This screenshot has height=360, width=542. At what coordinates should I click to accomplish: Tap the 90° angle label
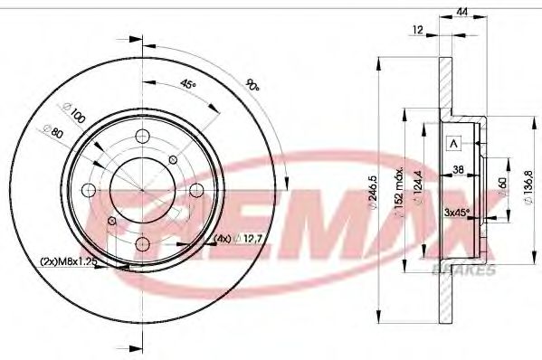click(x=252, y=87)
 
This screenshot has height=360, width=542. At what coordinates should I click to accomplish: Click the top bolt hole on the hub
click(x=143, y=137)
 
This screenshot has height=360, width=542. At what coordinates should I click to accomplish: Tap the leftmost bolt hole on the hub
click(x=89, y=190)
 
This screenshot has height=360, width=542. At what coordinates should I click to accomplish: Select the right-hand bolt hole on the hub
click(x=195, y=189)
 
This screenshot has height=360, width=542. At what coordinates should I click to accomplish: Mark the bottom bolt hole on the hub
click(x=143, y=242)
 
